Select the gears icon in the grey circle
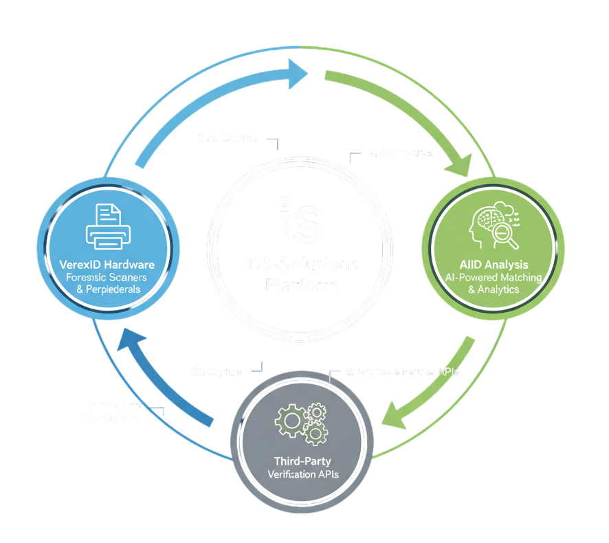[300, 422]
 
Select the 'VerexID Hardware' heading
[107, 265]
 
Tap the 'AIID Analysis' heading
[494, 264]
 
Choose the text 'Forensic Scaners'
[107, 278]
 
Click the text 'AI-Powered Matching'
[494, 277]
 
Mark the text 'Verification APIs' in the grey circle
[302, 474]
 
